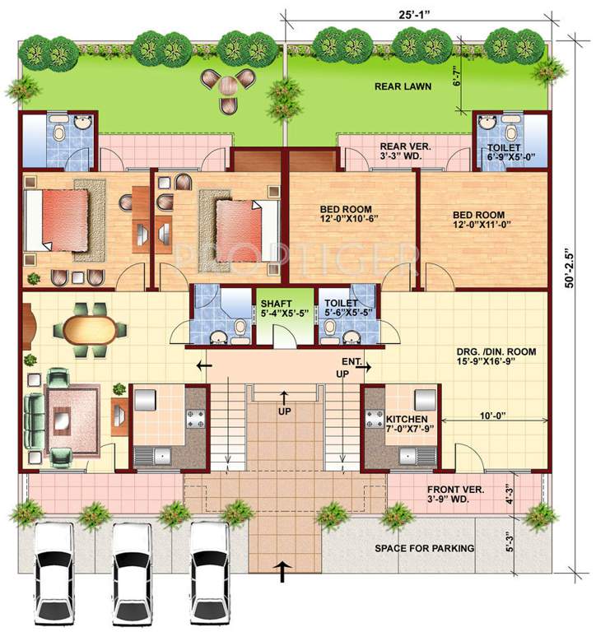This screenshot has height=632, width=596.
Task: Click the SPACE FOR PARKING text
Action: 424,548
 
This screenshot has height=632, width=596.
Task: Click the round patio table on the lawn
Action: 228,83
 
